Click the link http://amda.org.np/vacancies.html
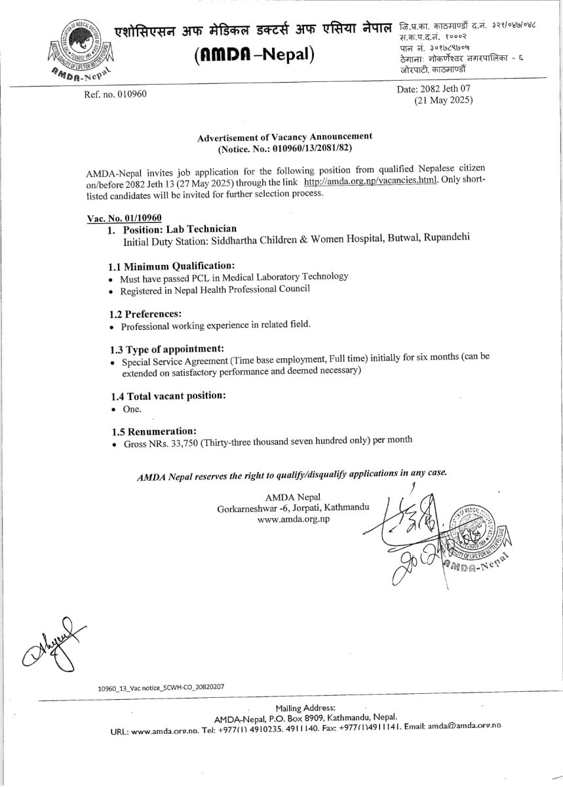point(370,180)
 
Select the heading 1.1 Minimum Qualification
point(171,266)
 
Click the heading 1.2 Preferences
point(145,313)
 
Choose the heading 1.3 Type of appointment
point(167,349)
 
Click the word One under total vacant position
point(132,409)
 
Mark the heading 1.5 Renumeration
point(154,432)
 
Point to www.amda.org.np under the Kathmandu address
point(294,519)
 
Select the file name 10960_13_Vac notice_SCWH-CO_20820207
point(161,687)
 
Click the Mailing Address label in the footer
point(305,708)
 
